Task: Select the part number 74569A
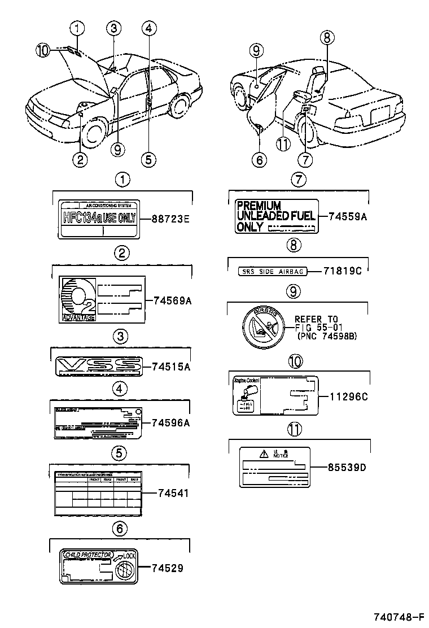(172, 301)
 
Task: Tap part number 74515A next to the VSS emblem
(170, 367)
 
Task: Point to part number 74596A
(170, 422)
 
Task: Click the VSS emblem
(99, 367)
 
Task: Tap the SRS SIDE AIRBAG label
(272, 272)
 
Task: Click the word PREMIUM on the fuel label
(259, 206)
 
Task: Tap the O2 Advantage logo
(78, 298)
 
